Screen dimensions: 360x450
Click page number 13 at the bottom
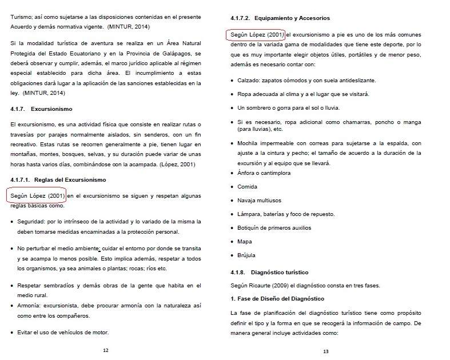point(325,351)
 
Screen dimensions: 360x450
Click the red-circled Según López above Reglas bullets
point(38,196)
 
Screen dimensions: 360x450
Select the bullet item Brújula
point(246,255)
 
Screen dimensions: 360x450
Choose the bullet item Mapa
point(244,242)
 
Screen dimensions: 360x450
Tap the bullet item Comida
point(247,186)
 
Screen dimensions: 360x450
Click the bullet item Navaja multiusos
point(260,200)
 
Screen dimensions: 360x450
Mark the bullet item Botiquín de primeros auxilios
point(274,227)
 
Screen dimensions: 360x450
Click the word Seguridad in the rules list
point(31,221)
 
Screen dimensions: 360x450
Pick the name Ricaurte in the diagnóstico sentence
point(258,286)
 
